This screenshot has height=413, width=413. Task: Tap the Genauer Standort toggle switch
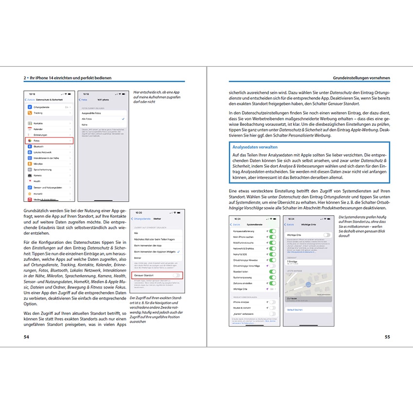point(177,275)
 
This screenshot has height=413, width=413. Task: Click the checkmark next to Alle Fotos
point(123,119)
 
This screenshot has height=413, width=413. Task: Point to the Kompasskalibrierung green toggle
point(272,231)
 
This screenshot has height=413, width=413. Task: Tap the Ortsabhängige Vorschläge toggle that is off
point(272,266)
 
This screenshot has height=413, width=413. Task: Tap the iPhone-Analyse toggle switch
point(272,302)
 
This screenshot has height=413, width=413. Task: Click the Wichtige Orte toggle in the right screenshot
point(327,235)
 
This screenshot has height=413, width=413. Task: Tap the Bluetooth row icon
point(29,146)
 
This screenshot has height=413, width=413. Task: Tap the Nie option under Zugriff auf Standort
point(136,233)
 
